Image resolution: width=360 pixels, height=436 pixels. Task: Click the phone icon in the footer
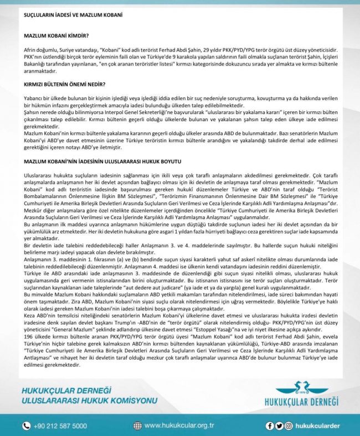(x=26, y=425)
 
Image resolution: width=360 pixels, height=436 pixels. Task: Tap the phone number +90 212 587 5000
(x=60, y=425)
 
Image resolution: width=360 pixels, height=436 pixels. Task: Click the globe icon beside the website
(x=137, y=425)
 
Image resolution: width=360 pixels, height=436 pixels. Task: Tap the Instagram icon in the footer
(x=287, y=425)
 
